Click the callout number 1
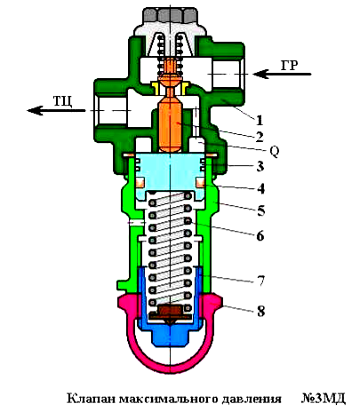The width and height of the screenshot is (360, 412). (x=260, y=120)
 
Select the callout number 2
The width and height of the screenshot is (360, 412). (x=260, y=137)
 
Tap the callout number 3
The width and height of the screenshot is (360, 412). (x=260, y=167)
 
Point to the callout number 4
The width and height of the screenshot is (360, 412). (x=260, y=188)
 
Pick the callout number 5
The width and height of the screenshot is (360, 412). (x=260, y=211)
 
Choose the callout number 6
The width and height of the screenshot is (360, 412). (x=260, y=236)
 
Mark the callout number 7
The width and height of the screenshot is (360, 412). (x=260, y=281)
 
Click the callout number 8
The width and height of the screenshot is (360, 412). (x=260, y=311)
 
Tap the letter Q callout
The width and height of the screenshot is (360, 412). (x=275, y=152)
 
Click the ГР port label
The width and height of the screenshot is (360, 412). (x=290, y=66)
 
